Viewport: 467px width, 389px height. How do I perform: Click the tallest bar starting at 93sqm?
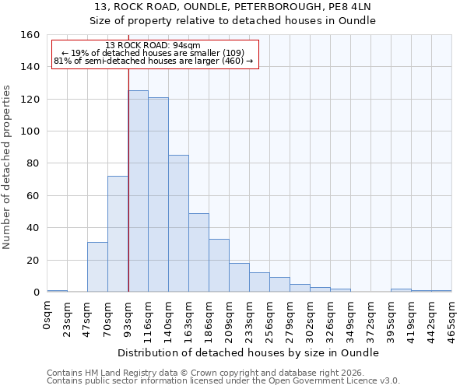(139, 191)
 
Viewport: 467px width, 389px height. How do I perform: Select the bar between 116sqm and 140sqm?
(159, 194)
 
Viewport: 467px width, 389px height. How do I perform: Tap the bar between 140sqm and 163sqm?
(179, 223)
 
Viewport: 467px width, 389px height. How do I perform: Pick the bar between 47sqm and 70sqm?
(97, 267)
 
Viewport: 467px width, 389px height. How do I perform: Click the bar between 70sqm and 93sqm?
(118, 234)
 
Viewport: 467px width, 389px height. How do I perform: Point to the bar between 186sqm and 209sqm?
(219, 265)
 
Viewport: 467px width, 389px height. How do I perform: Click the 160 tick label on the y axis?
(30, 35)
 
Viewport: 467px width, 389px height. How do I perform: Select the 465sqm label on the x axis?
(452, 317)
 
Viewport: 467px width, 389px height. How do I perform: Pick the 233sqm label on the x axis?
(250, 317)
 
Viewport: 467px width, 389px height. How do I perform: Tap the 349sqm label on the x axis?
(351, 317)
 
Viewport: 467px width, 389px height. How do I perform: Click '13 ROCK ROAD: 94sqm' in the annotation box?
(153, 46)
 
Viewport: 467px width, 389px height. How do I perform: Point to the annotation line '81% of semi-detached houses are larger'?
(153, 61)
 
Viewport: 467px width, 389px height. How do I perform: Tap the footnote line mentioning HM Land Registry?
(205, 373)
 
